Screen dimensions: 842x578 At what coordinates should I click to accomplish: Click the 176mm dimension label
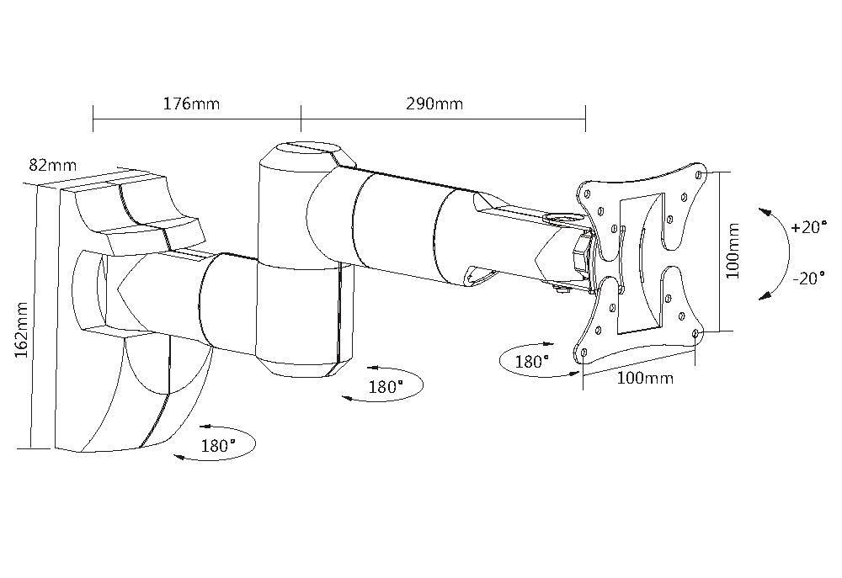(191, 103)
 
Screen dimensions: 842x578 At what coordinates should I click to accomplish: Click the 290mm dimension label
(434, 103)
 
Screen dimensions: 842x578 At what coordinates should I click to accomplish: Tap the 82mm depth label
(52, 165)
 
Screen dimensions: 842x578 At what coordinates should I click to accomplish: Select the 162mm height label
(22, 330)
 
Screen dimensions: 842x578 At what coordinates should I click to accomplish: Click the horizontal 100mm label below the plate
(645, 378)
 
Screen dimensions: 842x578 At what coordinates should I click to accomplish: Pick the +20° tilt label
(808, 227)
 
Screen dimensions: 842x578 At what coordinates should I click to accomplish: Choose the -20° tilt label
(808, 278)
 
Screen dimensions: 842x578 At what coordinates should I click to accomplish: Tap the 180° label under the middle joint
(386, 386)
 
